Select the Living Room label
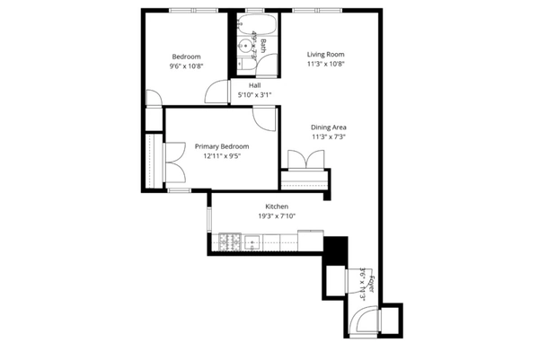point(326,54)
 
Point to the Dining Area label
point(329,127)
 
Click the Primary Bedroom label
point(222,145)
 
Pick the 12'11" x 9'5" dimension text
point(222,155)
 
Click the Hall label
point(254,85)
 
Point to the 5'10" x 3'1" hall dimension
point(254,94)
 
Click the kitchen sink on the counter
point(252,241)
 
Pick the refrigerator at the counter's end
point(334,247)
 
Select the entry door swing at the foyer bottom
point(366,320)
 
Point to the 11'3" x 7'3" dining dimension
point(329,137)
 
